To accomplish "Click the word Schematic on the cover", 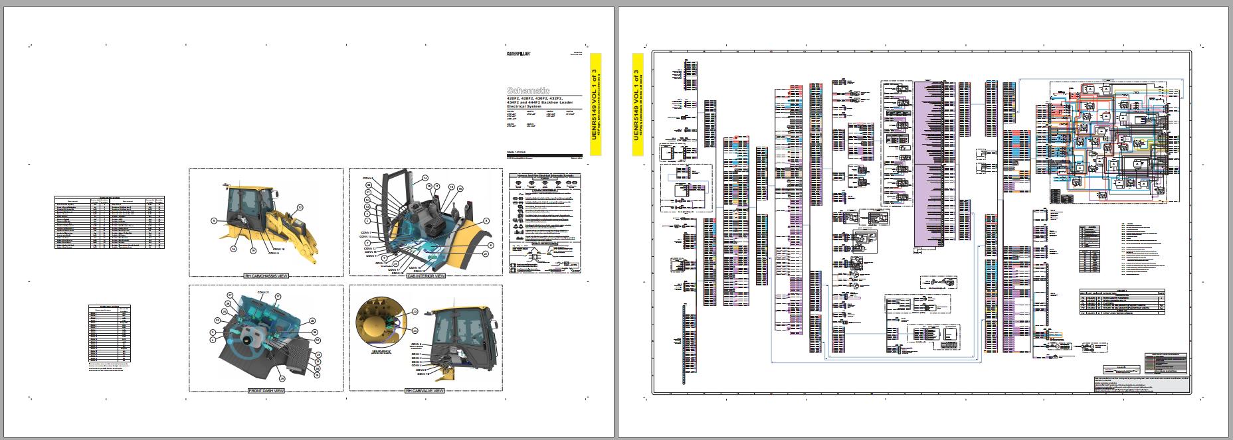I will click(528, 90).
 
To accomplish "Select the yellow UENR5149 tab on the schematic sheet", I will click(637, 105).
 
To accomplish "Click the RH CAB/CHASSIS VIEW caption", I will click(266, 276).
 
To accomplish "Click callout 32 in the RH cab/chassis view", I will click(300, 207).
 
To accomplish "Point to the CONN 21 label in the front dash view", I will click(262, 293).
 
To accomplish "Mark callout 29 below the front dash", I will click(281, 378).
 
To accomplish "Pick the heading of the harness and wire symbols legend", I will click(544, 177).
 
